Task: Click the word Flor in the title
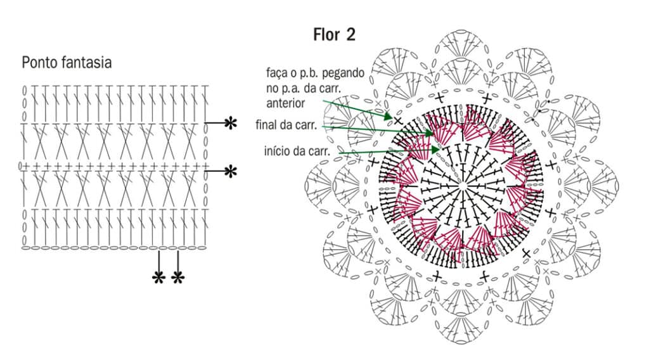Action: click(x=326, y=34)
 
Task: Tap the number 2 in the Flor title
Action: click(x=350, y=34)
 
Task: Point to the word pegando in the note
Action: click(x=343, y=74)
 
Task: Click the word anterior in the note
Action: click(x=286, y=103)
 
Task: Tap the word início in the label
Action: click(x=276, y=151)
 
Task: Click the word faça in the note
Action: click(x=276, y=74)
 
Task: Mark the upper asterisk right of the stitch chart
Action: click(x=231, y=123)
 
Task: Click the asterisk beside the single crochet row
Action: click(x=231, y=171)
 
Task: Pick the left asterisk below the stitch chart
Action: click(x=158, y=278)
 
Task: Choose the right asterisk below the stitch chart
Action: click(x=177, y=278)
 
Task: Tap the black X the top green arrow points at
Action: click(x=398, y=121)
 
